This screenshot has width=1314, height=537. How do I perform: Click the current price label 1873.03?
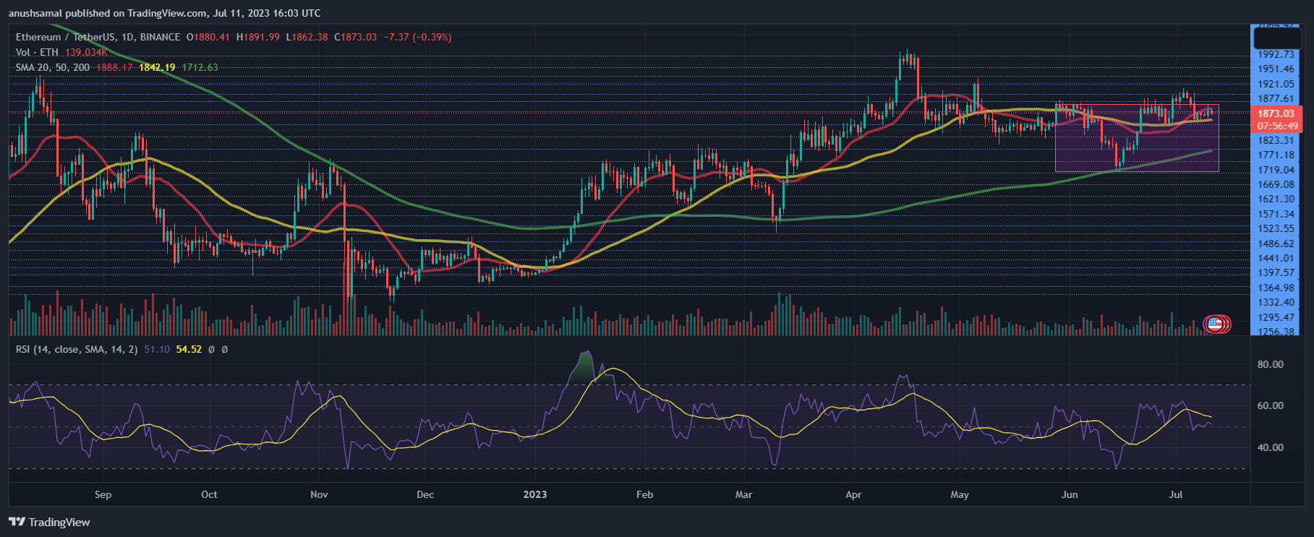pyautogui.click(x=1276, y=113)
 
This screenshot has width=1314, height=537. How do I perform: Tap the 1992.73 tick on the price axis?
pyautogui.click(x=1276, y=54)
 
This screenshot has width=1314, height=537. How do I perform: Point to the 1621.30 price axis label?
pyautogui.click(x=1276, y=199)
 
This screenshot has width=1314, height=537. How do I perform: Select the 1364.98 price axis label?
pyautogui.click(x=1276, y=288)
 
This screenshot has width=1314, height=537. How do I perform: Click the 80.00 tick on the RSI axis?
pyautogui.click(x=1271, y=364)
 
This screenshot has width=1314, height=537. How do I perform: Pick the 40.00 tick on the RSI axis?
pyautogui.click(x=1271, y=447)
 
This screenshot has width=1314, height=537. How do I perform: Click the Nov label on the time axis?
pyautogui.click(x=319, y=494)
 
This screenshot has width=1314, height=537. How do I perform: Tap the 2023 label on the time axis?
pyautogui.click(x=535, y=494)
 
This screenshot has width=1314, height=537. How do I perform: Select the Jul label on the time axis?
pyautogui.click(x=1176, y=494)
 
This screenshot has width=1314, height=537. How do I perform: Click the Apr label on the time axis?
pyautogui.click(x=853, y=494)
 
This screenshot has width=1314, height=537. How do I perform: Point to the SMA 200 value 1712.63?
pyautogui.click(x=200, y=67)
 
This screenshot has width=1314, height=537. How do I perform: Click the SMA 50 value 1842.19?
pyautogui.click(x=157, y=67)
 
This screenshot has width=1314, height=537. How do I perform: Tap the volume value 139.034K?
pyautogui.click(x=86, y=52)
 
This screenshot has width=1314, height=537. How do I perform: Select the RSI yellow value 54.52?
pyautogui.click(x=189, y=349)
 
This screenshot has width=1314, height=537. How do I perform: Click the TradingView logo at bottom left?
pyautogui.click(x=49, y=522)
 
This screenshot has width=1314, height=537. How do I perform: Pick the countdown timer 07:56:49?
pyautogui.click(x=1277, y=126)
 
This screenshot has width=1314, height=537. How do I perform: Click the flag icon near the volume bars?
pyautogui.click(x=1216, y=324)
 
